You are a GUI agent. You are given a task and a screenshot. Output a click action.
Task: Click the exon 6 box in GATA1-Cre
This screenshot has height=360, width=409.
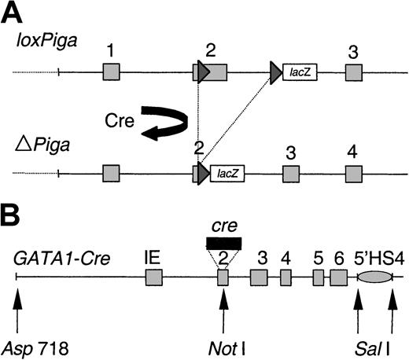click(339, 277)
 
